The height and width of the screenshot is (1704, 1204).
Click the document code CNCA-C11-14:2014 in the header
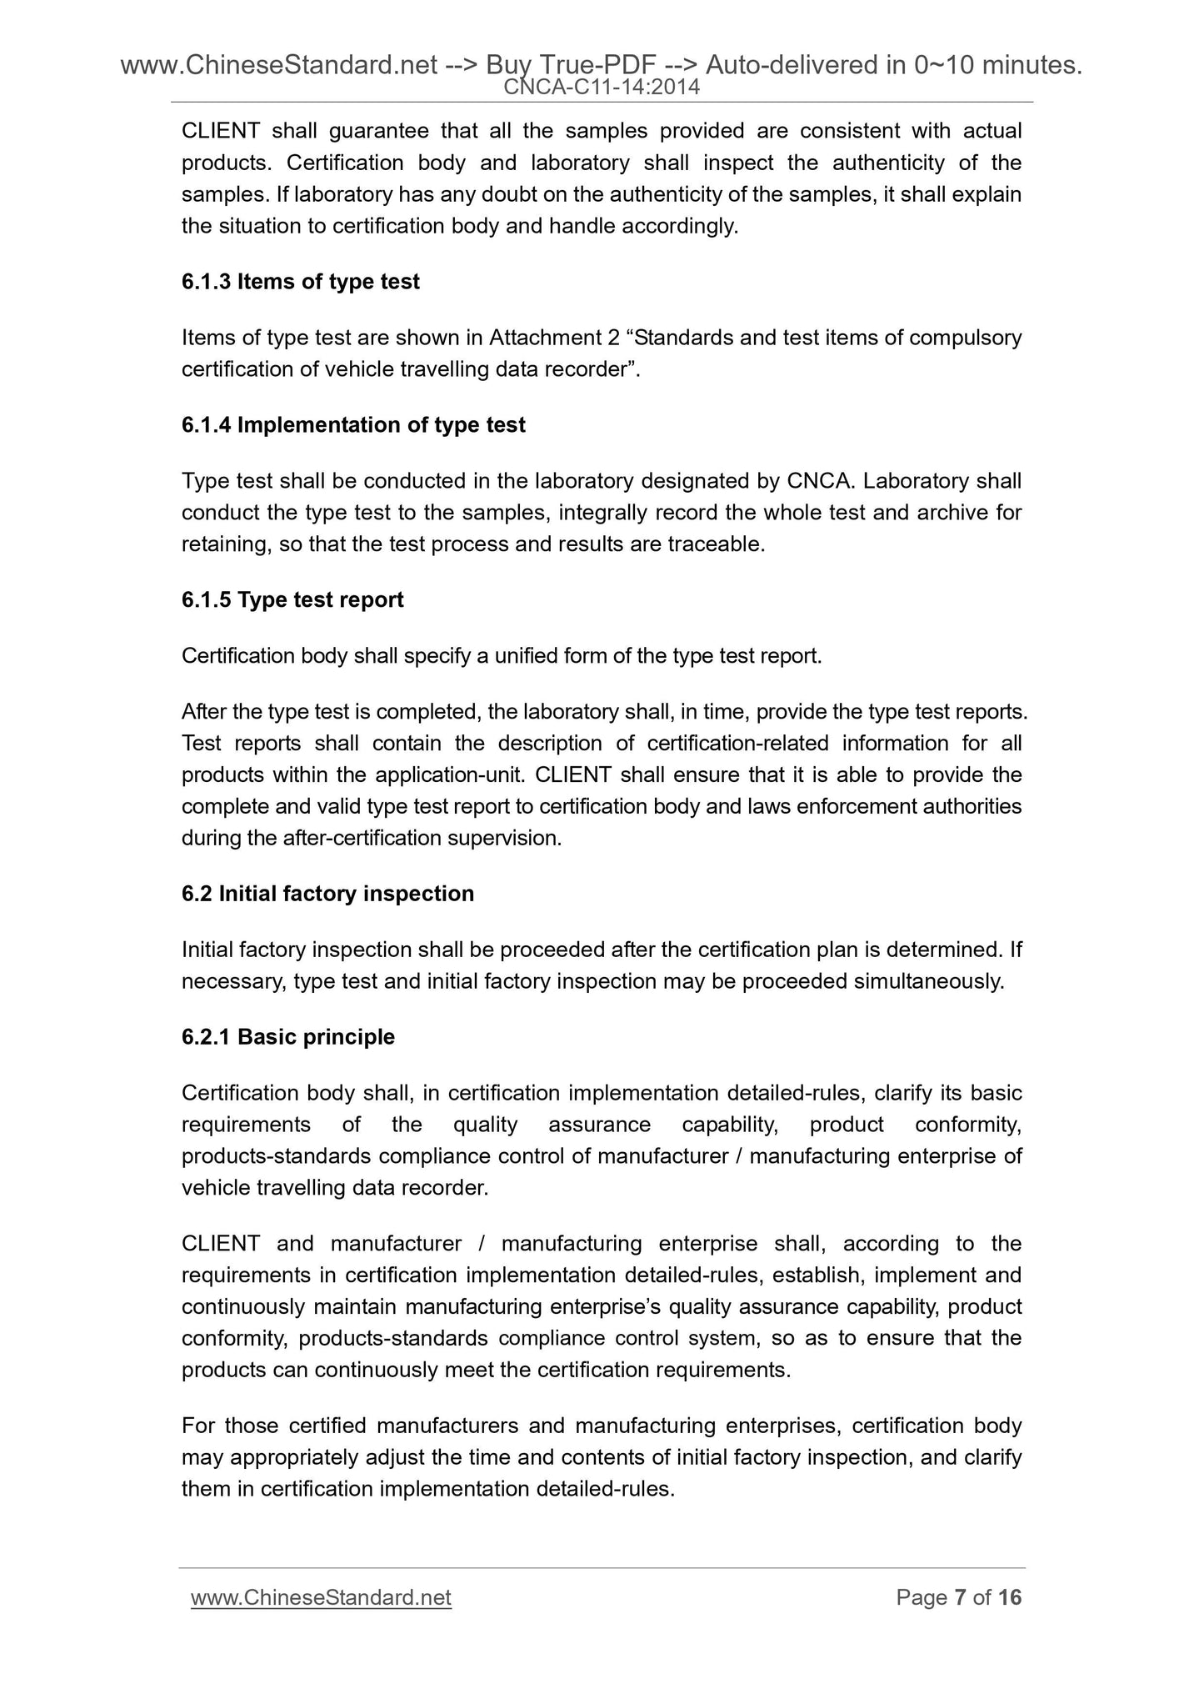click(602, 87)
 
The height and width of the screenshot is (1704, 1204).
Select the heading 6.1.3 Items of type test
click(300, 282)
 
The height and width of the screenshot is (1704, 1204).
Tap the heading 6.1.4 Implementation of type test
click(353, 425)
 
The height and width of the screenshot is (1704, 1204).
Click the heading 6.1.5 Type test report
click(292, 600)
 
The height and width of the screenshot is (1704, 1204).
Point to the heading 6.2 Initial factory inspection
click(327, 894)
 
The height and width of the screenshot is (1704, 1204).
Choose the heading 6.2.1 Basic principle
click(288, 1037)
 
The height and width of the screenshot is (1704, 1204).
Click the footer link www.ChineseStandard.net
click(321, 1597)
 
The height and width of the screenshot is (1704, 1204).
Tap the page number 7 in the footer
click(961, 1597)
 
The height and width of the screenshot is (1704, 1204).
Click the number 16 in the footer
click(1009, 1597)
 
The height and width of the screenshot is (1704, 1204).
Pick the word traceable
click(722, 545)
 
